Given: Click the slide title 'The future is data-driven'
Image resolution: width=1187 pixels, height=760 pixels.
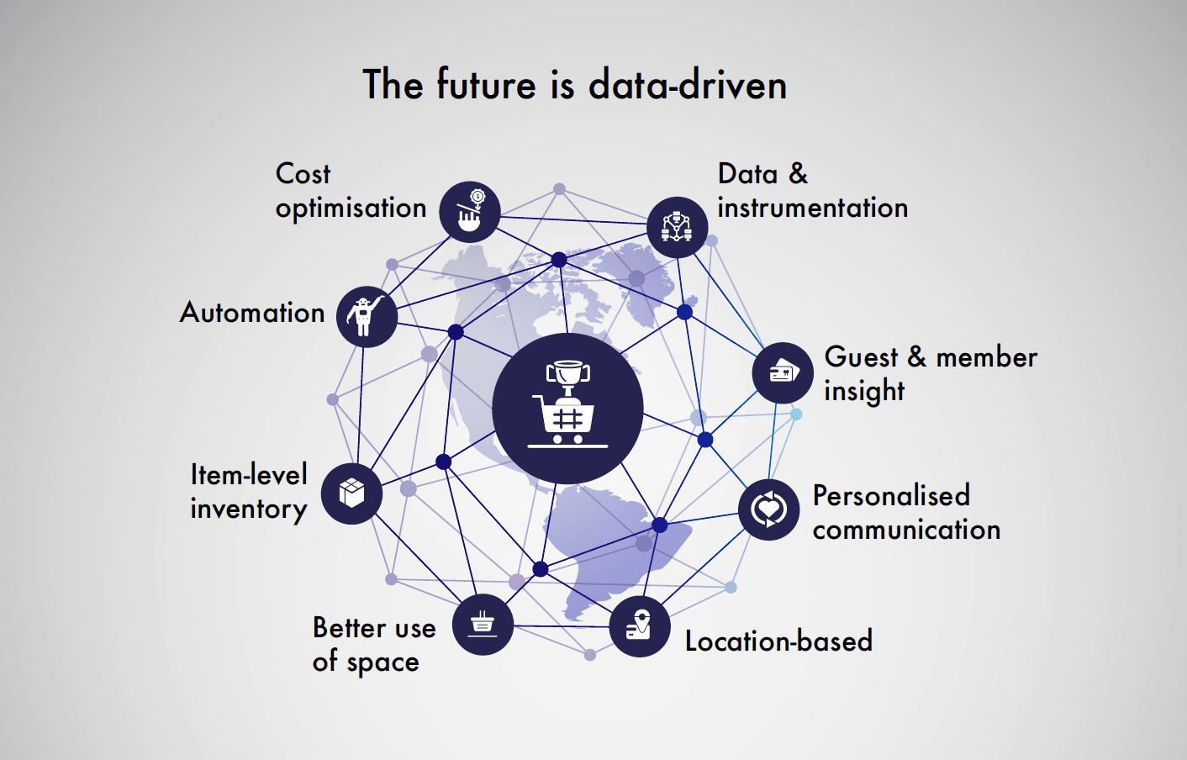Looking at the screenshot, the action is click(x=575, y=84).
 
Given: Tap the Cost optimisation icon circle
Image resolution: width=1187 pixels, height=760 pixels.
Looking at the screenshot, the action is click(x=469, y=212).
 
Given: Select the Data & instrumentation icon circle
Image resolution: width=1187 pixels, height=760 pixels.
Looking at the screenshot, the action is click(x=678, y=227).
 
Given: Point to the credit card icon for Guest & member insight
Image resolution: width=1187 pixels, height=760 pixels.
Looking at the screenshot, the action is click(x=783, y=372).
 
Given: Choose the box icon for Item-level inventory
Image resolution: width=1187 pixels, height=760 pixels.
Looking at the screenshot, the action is click(x=352, y=493).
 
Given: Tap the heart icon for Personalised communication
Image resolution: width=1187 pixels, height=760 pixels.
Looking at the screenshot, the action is click(x=769, y=509).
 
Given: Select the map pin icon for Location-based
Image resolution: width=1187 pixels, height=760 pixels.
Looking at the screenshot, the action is click(x=639, y=625).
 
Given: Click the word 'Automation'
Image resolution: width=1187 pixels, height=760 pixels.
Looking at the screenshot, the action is click(x=251, y=313).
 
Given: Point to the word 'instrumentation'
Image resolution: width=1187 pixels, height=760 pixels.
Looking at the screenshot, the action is click(x=813, y=208).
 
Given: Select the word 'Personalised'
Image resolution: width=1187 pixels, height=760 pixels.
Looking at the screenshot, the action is click(x=891, y=496).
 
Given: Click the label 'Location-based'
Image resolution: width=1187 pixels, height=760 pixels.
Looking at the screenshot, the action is click(x=778, y=641).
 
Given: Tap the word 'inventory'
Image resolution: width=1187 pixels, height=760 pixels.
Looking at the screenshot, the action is click(x=249, y=509).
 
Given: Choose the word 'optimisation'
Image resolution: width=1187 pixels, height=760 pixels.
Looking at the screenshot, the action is click(x=351, y=208).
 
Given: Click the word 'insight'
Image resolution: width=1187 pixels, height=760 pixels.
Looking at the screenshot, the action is click(x=864, y=392).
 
